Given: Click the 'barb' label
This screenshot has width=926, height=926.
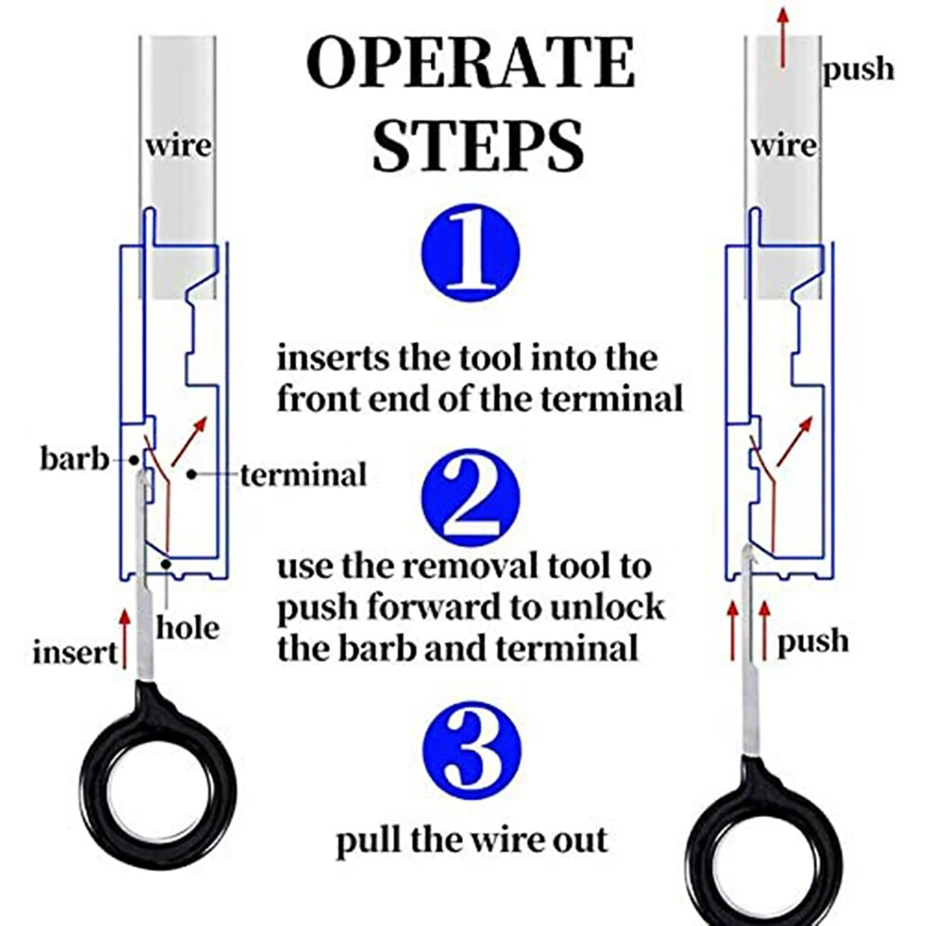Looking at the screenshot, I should pos(74,458).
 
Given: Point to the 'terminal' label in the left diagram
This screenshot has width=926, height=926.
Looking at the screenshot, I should pos(303,475).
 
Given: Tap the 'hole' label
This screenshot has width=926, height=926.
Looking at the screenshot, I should pos(188,628).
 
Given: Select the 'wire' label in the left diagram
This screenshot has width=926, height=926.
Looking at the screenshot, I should pos(176,146).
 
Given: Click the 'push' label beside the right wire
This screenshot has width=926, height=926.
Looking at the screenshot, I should pos(859,68).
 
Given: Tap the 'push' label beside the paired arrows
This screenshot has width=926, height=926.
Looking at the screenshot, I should pos(812,640).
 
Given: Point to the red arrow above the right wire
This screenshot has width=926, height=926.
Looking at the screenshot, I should pos(784,35).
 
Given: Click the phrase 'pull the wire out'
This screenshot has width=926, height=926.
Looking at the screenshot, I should pos(471,841).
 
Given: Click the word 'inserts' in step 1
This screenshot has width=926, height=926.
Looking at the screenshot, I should pos(336,356).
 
